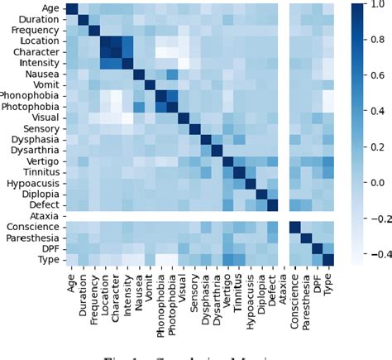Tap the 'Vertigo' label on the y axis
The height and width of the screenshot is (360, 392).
point(41,161)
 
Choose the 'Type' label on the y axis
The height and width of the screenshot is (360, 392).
point(46,259)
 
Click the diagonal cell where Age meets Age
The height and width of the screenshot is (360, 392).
point(72,9)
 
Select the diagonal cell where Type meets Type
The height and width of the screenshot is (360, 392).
point(327,259)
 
